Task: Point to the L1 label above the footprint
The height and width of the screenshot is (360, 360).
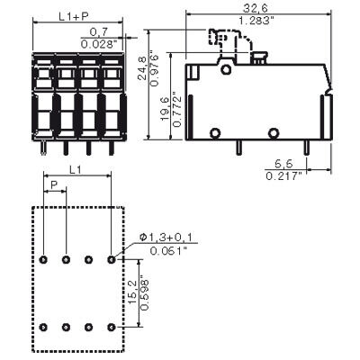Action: pyautogui.click(x=76, y=168)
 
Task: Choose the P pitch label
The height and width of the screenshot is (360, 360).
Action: pyautogui.click(x=55, y=187)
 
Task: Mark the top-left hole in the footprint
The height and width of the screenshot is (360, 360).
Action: pyautogui.click(x=44, y=259)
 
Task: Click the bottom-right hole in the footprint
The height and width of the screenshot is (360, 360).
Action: pyautogui.click(x=110, y=326)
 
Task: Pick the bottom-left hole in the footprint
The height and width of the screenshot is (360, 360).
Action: pyautogui.click(x=44, y=326)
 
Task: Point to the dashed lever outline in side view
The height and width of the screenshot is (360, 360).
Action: pyautogui.click(x=224, y=40)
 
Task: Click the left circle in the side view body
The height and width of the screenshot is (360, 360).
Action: pyautogui.click(x=215, y=133)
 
